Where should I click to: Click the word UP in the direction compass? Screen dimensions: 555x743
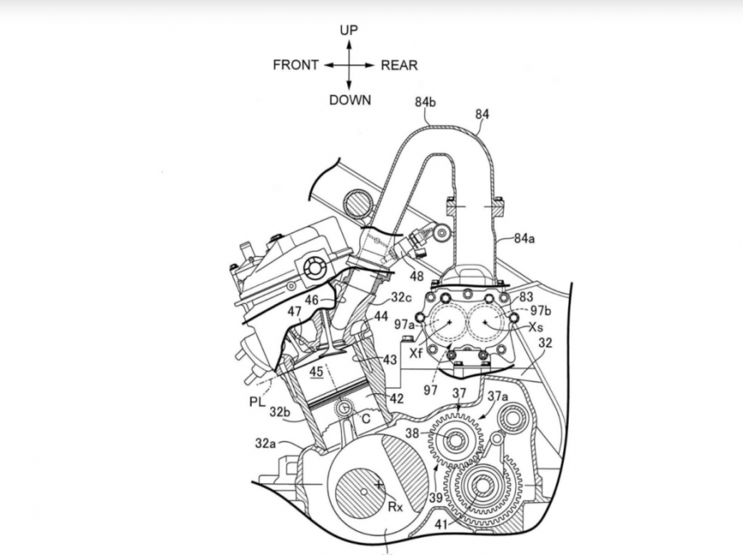[x=348, y=31]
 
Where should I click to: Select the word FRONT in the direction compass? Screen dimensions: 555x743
[x=296, y=65]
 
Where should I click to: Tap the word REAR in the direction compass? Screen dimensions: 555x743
[x=399, y=65]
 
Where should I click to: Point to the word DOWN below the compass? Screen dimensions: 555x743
[x=350, y=100]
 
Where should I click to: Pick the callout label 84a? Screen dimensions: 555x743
[x=523, y=239]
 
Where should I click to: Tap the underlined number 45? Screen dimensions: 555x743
[x=318, y=372]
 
